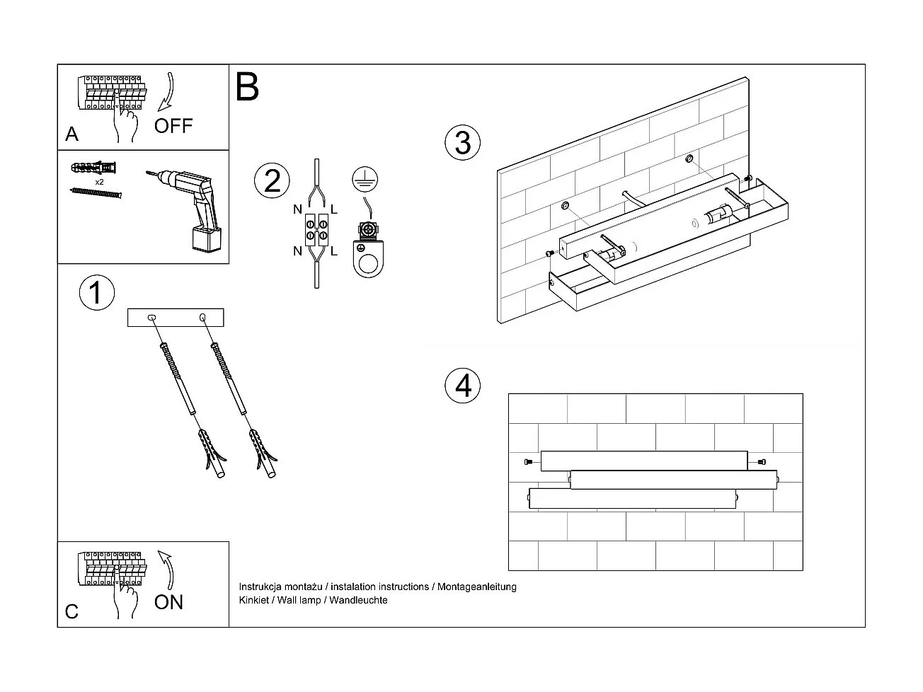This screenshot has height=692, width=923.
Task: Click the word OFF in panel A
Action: [173, 126]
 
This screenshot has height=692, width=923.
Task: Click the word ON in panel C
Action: [168, 602]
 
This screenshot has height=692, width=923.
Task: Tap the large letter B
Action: [247, 86]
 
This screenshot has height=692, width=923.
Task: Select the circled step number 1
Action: [97, 293]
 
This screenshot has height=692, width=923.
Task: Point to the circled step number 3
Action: [462, 142]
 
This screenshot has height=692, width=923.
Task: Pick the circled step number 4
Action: [463, 386]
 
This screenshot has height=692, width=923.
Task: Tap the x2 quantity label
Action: [100, 182]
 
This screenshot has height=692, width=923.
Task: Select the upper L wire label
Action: [334, 209]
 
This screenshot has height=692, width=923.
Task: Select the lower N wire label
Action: [298, 251]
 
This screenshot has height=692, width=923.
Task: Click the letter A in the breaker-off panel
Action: [71, 134]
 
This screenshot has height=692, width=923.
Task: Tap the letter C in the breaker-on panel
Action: [71, 611]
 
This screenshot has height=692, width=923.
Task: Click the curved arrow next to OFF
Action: [167, 92]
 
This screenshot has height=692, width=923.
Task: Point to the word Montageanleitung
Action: [477, 587]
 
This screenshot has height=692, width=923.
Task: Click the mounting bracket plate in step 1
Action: [176, 317]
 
